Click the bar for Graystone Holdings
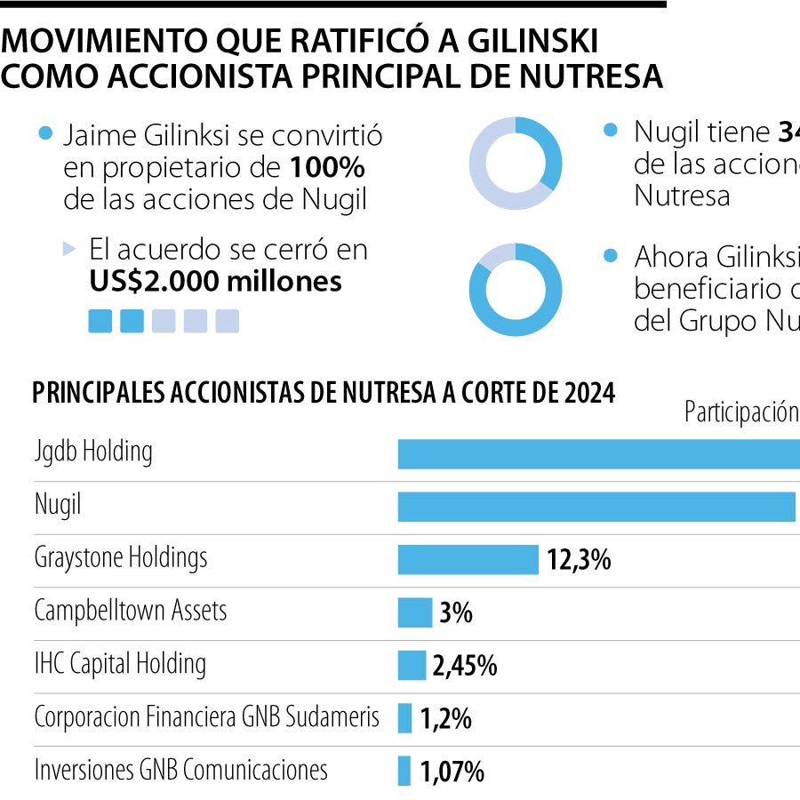click(468, 560)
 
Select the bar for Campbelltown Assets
click(414, 612)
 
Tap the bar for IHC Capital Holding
click(412, 665)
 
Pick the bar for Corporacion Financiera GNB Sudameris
click(404, 717)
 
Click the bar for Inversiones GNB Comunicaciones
click(404, 771)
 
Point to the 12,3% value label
click(579, 560)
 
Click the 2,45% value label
click(464, 666)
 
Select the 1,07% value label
click(452, 772)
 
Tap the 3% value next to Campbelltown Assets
click(455, 612)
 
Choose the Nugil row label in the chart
click(57, 506)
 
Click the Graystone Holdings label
click(121, 558)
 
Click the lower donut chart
click(516, 290)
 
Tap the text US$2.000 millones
click(215, 281)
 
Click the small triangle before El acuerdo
click(69, 250)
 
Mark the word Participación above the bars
click(740, 412)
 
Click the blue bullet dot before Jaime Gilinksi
click(46, 134)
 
